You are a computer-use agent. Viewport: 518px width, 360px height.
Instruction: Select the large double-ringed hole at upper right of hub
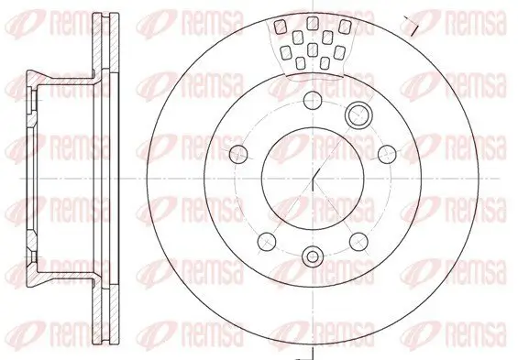click(x=358, y=115)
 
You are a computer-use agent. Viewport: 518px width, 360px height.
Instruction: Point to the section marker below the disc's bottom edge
click(x=312, y=353)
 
